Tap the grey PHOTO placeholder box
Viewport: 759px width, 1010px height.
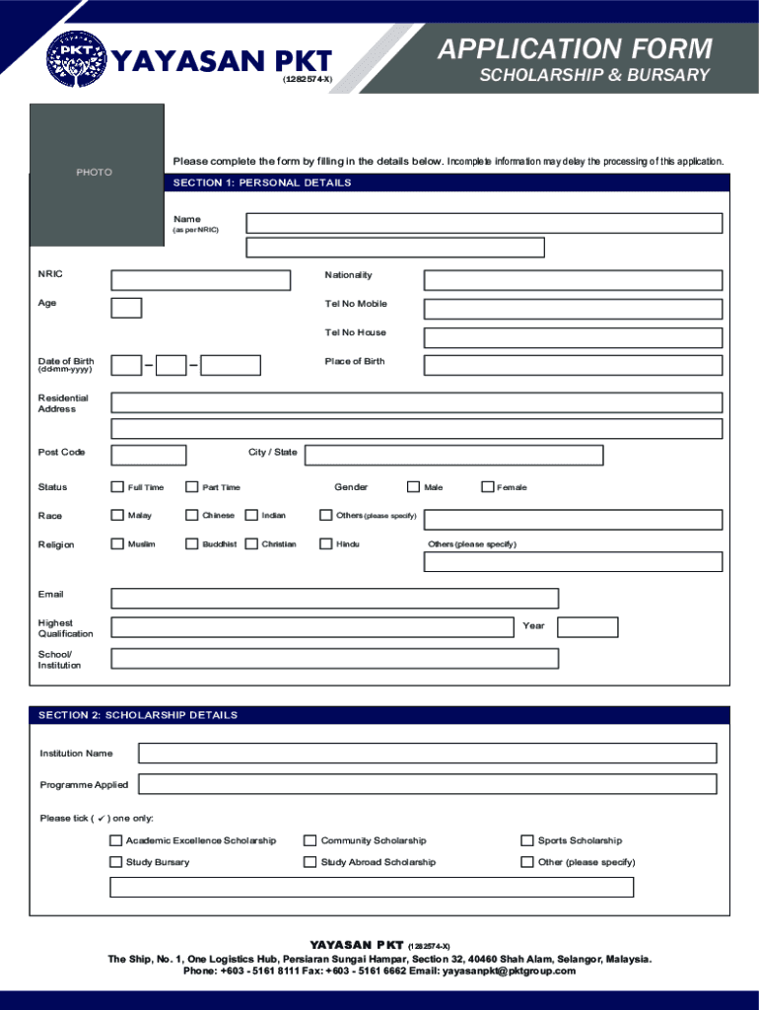95,173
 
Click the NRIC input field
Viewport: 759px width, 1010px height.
201,280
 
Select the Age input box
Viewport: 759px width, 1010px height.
126,308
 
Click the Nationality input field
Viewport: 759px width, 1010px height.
573,280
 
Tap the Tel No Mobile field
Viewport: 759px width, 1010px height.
573,308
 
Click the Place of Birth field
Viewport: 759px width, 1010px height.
573,365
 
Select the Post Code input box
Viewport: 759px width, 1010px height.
149,455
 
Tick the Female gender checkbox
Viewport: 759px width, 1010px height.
487,486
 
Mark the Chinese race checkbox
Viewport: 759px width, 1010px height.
192,515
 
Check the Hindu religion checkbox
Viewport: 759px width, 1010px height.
326,543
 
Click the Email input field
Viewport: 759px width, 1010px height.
334,599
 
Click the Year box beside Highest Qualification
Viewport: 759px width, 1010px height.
587,627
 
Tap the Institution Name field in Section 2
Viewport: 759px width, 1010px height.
427,754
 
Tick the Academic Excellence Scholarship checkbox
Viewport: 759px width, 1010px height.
116,841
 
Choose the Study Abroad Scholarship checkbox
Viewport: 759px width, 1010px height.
311,863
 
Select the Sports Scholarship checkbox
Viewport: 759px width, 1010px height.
527,841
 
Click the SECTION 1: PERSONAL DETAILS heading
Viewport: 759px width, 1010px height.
262,183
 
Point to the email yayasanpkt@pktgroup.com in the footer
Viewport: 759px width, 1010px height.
509,971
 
